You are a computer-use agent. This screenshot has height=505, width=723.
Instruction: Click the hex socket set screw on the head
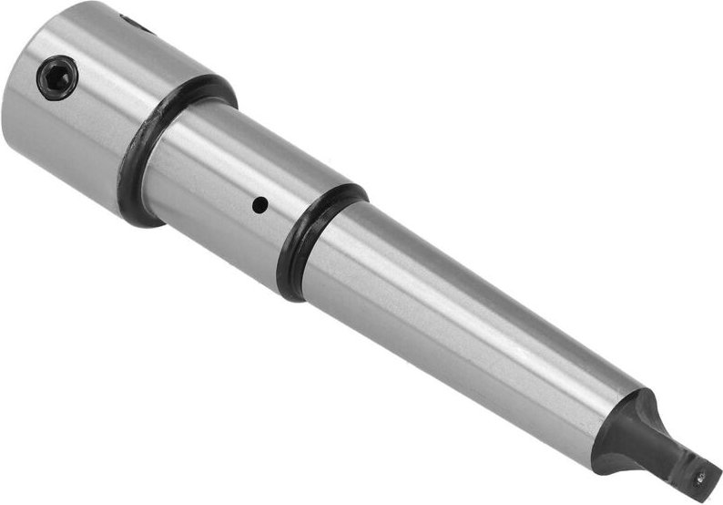(x=56, y=77)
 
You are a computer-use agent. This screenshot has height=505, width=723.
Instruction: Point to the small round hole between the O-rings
(x=260, y=206)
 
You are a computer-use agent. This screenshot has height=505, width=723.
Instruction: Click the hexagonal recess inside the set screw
(x=56, y=77)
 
